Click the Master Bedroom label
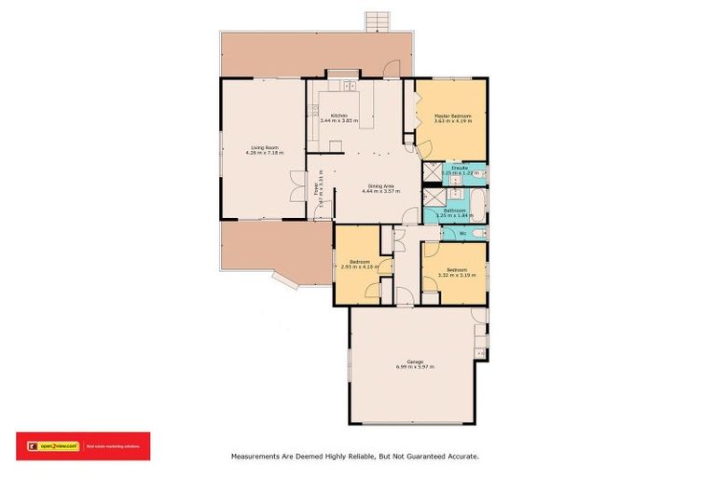452,116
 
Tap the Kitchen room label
339,116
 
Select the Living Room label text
265,147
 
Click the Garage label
415,361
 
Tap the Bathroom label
454,211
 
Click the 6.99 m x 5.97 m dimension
415,367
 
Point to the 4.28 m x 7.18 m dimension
265,153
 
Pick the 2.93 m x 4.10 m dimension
360,266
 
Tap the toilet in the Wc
477,232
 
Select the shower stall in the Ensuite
432,170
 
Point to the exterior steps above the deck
376,20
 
